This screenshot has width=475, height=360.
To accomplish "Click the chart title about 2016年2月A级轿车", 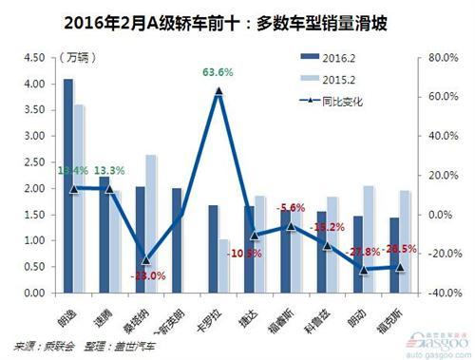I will [x=237, y=19].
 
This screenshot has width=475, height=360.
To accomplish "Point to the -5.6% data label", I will [x=290, y=207].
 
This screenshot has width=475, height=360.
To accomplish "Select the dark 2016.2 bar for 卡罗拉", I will [x=213, y=248].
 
